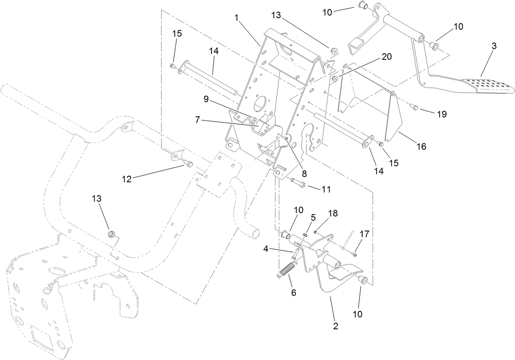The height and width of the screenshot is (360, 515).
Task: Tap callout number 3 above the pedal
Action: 494,46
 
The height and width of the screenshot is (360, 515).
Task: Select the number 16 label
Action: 421,146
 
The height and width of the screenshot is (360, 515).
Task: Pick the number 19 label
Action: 441,114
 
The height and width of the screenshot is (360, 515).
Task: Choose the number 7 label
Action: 197,120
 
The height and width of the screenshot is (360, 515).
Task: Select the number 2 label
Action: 336,326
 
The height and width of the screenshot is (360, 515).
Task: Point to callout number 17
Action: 364,234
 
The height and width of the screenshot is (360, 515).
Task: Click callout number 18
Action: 333,213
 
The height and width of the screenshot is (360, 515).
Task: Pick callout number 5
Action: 313,217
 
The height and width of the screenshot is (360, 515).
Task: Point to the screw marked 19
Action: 414,107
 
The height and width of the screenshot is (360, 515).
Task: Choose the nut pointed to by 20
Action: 335,78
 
